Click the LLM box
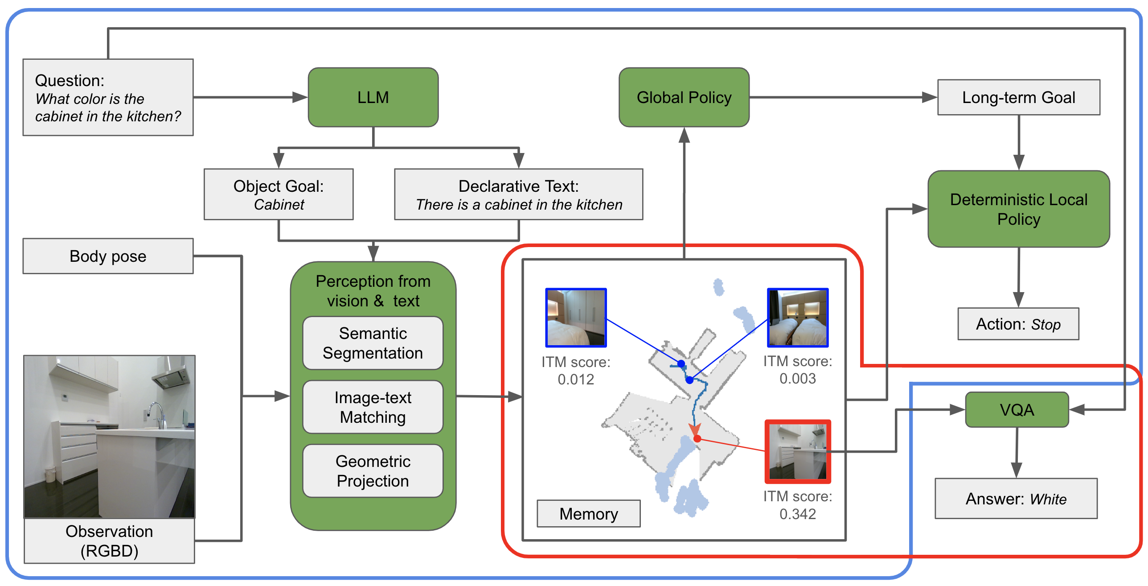pyautogui.click(x=373, y=97)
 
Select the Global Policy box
pyautogui.click(x=684, y=97)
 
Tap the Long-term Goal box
pyautogui.click(x=1018, y=97)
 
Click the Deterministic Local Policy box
pyautogui.click(x=1018, y=209)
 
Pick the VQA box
pyautogui.click(x=1017, y=409)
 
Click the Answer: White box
pyautogui.click(x=1016, y=499)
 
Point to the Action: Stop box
pyautogui.click(x=1018, y=324)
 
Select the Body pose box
pyautogui.click(x=108, y=256)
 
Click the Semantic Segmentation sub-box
pyautogui.click(x=373, y=343)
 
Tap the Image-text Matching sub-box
pyautogui.click(x=373, y=407)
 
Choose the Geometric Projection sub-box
pyautogui.click(x=373, y=471)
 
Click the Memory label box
pyautogui.click(x=588, y=514)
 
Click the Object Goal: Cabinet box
pyautogui.click(x=279, y=194)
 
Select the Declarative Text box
pyautogui.click(x=518, y=194)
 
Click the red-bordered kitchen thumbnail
pyautogui.click(x=797, y=451)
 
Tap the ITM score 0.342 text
pyautogui.click(x=797, y=505)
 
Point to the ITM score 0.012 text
pyautogui.click(x=575, y=371)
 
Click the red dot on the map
pyautogui.click(x=697, y=439)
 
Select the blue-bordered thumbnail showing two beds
pyautogui.click(x=797, y=318)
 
